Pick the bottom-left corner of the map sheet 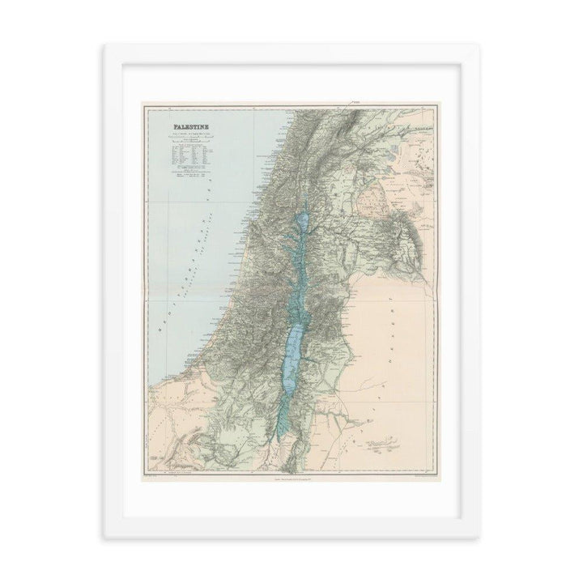(143, 473)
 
